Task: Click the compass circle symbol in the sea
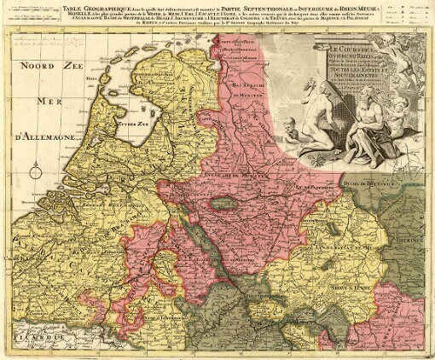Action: click(x=36, y=172)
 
